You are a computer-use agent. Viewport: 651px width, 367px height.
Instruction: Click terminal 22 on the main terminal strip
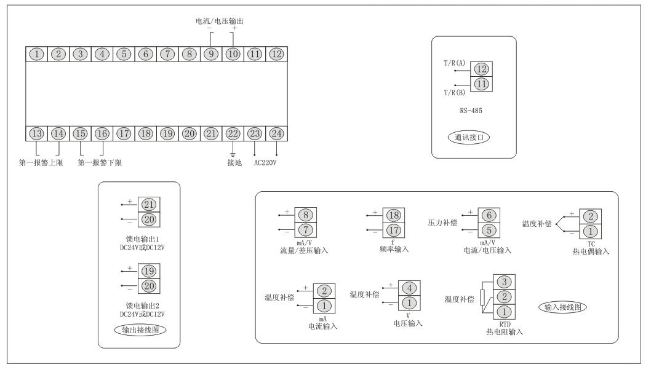pos(233,134)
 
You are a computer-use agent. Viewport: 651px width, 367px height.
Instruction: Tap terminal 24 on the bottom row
pos(277,134)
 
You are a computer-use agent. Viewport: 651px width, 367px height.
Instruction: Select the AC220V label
pos(266,163)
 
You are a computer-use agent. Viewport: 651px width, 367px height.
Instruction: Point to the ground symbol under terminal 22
pos(233,153)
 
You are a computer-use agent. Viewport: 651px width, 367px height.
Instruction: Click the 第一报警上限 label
pos(39,163)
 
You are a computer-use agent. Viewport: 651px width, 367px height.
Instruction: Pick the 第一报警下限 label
pos(99,163)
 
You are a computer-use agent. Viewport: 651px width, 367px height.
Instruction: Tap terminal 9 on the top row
pos(211,54)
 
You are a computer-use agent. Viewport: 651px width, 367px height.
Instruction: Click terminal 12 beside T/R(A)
pos(481,69)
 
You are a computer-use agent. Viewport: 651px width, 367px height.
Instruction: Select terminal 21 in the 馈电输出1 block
pos(148,205)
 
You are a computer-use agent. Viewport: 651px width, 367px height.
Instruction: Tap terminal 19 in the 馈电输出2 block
pos(148,271)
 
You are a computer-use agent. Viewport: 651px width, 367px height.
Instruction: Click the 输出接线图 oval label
pos(138,330)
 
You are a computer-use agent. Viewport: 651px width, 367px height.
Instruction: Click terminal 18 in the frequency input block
pos(393,215)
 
